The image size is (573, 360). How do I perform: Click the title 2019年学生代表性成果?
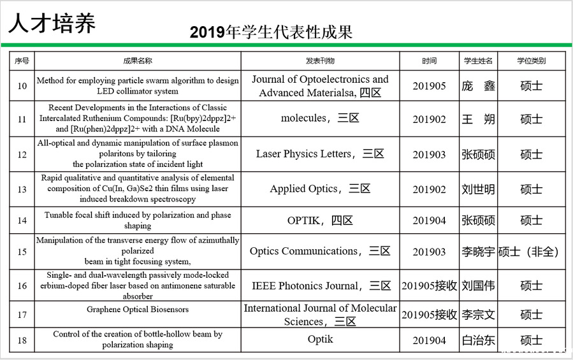[x=271, y=32]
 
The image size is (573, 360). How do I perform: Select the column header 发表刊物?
[x=320, y=61]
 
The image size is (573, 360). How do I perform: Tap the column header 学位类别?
[x=531, y=61]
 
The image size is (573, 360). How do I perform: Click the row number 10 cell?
[x=22, y=86]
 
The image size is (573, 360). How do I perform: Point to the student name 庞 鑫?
[x=478, y=86]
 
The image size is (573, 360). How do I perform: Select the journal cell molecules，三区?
[x=320, y=119]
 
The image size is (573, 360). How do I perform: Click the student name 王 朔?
[x=478, y=119]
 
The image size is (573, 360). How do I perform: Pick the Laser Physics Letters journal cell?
[x=320, y=154]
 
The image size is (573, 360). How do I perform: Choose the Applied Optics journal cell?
[x=320, y=189]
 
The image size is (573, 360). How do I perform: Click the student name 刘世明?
[x=478, y=189]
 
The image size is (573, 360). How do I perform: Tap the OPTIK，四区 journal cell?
[x=320, y=220]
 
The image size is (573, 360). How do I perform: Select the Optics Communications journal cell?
[x=320, y=252]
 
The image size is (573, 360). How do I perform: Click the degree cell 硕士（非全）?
[x=530, y=252]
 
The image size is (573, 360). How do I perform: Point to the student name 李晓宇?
[x=478, y=252]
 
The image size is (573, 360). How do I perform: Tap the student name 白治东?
[x=478, y=340]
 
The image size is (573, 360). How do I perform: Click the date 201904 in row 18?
[x=429, y=340]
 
